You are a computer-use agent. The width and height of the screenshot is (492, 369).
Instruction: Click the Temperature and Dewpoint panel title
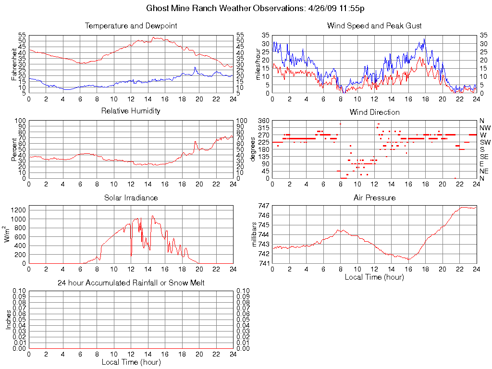[131, 25]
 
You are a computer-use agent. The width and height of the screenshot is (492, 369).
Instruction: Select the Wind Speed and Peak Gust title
[374, 25]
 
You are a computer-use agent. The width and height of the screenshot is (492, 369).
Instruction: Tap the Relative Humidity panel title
[131, 111]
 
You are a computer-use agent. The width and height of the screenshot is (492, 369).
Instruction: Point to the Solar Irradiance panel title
[131, 197]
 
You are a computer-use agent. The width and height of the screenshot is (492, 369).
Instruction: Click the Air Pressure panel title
[374, 197]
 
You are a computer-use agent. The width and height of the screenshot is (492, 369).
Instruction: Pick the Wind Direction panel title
[374, 112]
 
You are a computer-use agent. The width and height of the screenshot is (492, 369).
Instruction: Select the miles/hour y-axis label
[258, 64]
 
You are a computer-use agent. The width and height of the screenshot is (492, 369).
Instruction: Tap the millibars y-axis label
[255, 234]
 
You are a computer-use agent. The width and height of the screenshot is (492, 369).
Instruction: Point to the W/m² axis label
[8, 234]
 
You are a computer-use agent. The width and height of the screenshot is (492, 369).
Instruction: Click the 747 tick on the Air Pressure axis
[263, 206]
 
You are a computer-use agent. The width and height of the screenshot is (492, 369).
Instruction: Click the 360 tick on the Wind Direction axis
[263, 121]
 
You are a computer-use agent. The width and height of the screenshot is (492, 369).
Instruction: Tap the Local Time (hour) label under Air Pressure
[374, 277]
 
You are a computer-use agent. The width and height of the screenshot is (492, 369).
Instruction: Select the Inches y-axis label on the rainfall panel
[8, 320]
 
